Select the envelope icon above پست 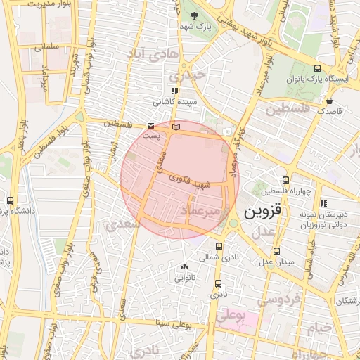[151, 126]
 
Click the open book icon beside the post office [176, 126]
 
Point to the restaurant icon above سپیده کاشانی [174, 91]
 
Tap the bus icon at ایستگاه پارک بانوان [318, 69]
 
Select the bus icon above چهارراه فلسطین [285, 180]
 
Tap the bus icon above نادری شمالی [219, 247]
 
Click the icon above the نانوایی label [185, 267]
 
